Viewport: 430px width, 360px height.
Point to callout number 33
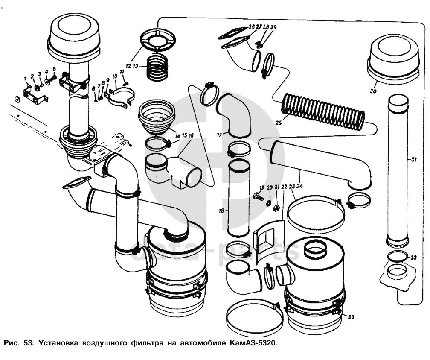351,316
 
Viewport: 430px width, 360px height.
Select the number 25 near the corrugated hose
279,123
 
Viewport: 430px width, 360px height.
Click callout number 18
221,211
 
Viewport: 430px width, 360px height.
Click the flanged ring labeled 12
158,40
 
